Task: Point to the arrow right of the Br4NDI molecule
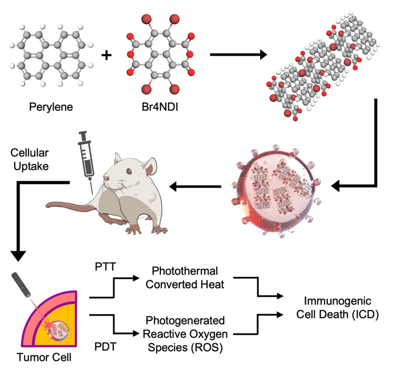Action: click(x=238, y=54)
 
